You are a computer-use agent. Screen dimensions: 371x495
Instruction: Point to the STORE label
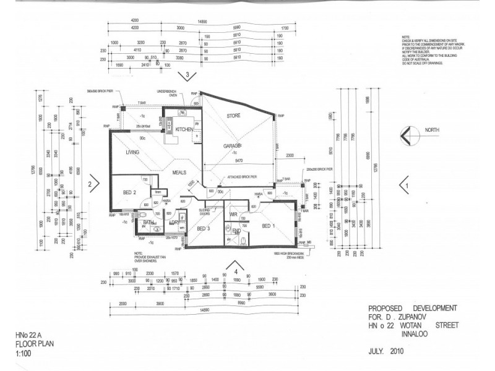point(233,116)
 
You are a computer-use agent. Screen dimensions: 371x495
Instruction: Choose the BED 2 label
point(129,193)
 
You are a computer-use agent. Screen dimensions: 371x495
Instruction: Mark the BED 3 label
point(204,228)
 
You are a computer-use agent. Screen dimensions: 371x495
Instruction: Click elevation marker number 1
point(407,184)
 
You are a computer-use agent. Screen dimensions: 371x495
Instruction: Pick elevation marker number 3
point(187,75)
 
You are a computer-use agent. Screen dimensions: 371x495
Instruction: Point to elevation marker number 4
point(236,271)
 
